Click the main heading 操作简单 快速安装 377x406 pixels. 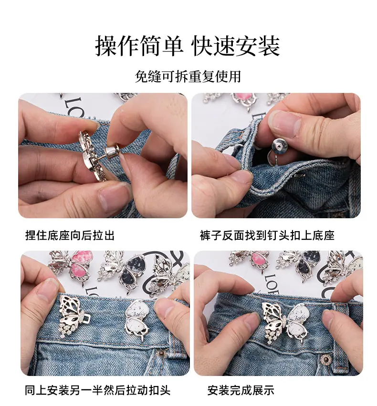click(188, 46)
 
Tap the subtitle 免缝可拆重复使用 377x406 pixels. click(188, 76)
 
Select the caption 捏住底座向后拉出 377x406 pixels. click(70, 235)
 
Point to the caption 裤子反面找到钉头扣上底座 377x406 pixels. click(267, 235)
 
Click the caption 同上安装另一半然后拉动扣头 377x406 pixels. click(97, 390)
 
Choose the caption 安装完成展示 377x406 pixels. click(241, 390)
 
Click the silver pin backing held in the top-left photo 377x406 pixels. click(112, 153)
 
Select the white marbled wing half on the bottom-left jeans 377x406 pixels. click(137, 319)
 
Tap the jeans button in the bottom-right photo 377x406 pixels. click(325, 359)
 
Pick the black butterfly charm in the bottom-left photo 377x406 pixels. click(121, 271)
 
